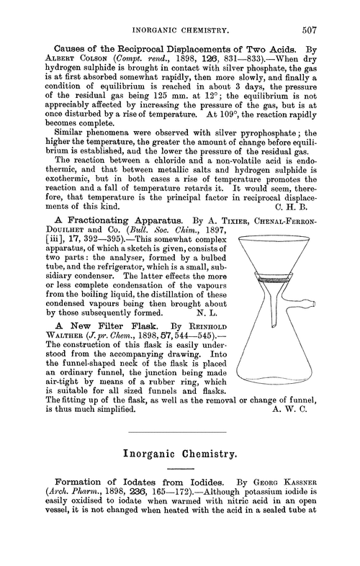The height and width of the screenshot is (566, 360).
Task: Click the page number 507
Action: coord(336,12)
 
